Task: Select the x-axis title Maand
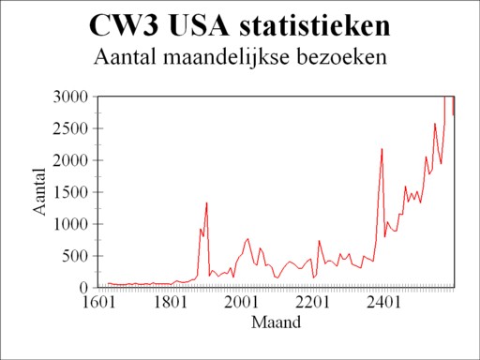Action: (x=276, y=323)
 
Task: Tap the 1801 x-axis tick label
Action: (x=169, y=303)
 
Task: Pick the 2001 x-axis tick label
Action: (x=241, y=303)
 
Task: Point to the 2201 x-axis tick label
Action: (x=312, y=303)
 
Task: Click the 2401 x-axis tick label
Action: (x=383, y=303)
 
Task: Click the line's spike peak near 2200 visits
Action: (x=382, y=149)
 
